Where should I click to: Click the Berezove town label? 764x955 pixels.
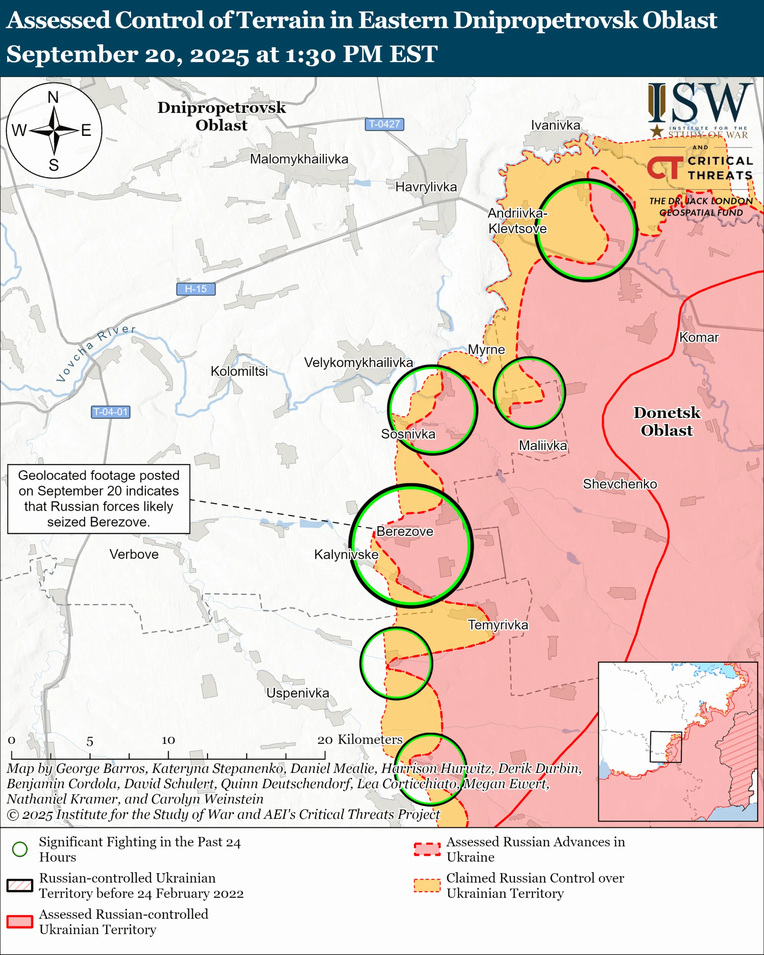[404, 531]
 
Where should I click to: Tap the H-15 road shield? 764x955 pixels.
[196, 289]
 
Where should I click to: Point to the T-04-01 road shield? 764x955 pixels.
[110, 412]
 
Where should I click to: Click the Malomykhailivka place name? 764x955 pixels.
[299, 159]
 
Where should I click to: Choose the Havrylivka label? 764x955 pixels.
[426, 187]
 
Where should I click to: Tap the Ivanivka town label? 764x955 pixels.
[555, 125]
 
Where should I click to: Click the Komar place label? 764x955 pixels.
[698, 337]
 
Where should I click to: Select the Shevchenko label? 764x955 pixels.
[620, 484]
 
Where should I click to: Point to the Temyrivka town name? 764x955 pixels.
[498, 625]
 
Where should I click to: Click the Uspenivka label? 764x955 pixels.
[298, 693]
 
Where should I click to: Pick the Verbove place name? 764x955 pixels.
[134, 554]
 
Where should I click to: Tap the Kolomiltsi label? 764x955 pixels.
[239, 371]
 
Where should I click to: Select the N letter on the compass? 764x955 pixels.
[53, 97]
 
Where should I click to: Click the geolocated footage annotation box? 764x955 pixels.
[99, 499]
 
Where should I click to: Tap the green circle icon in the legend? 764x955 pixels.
[20, 849]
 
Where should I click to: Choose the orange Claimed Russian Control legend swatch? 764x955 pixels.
[427, 885]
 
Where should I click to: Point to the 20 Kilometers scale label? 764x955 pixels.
[360, 739]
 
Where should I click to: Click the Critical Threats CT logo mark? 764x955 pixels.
[664, 168]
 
